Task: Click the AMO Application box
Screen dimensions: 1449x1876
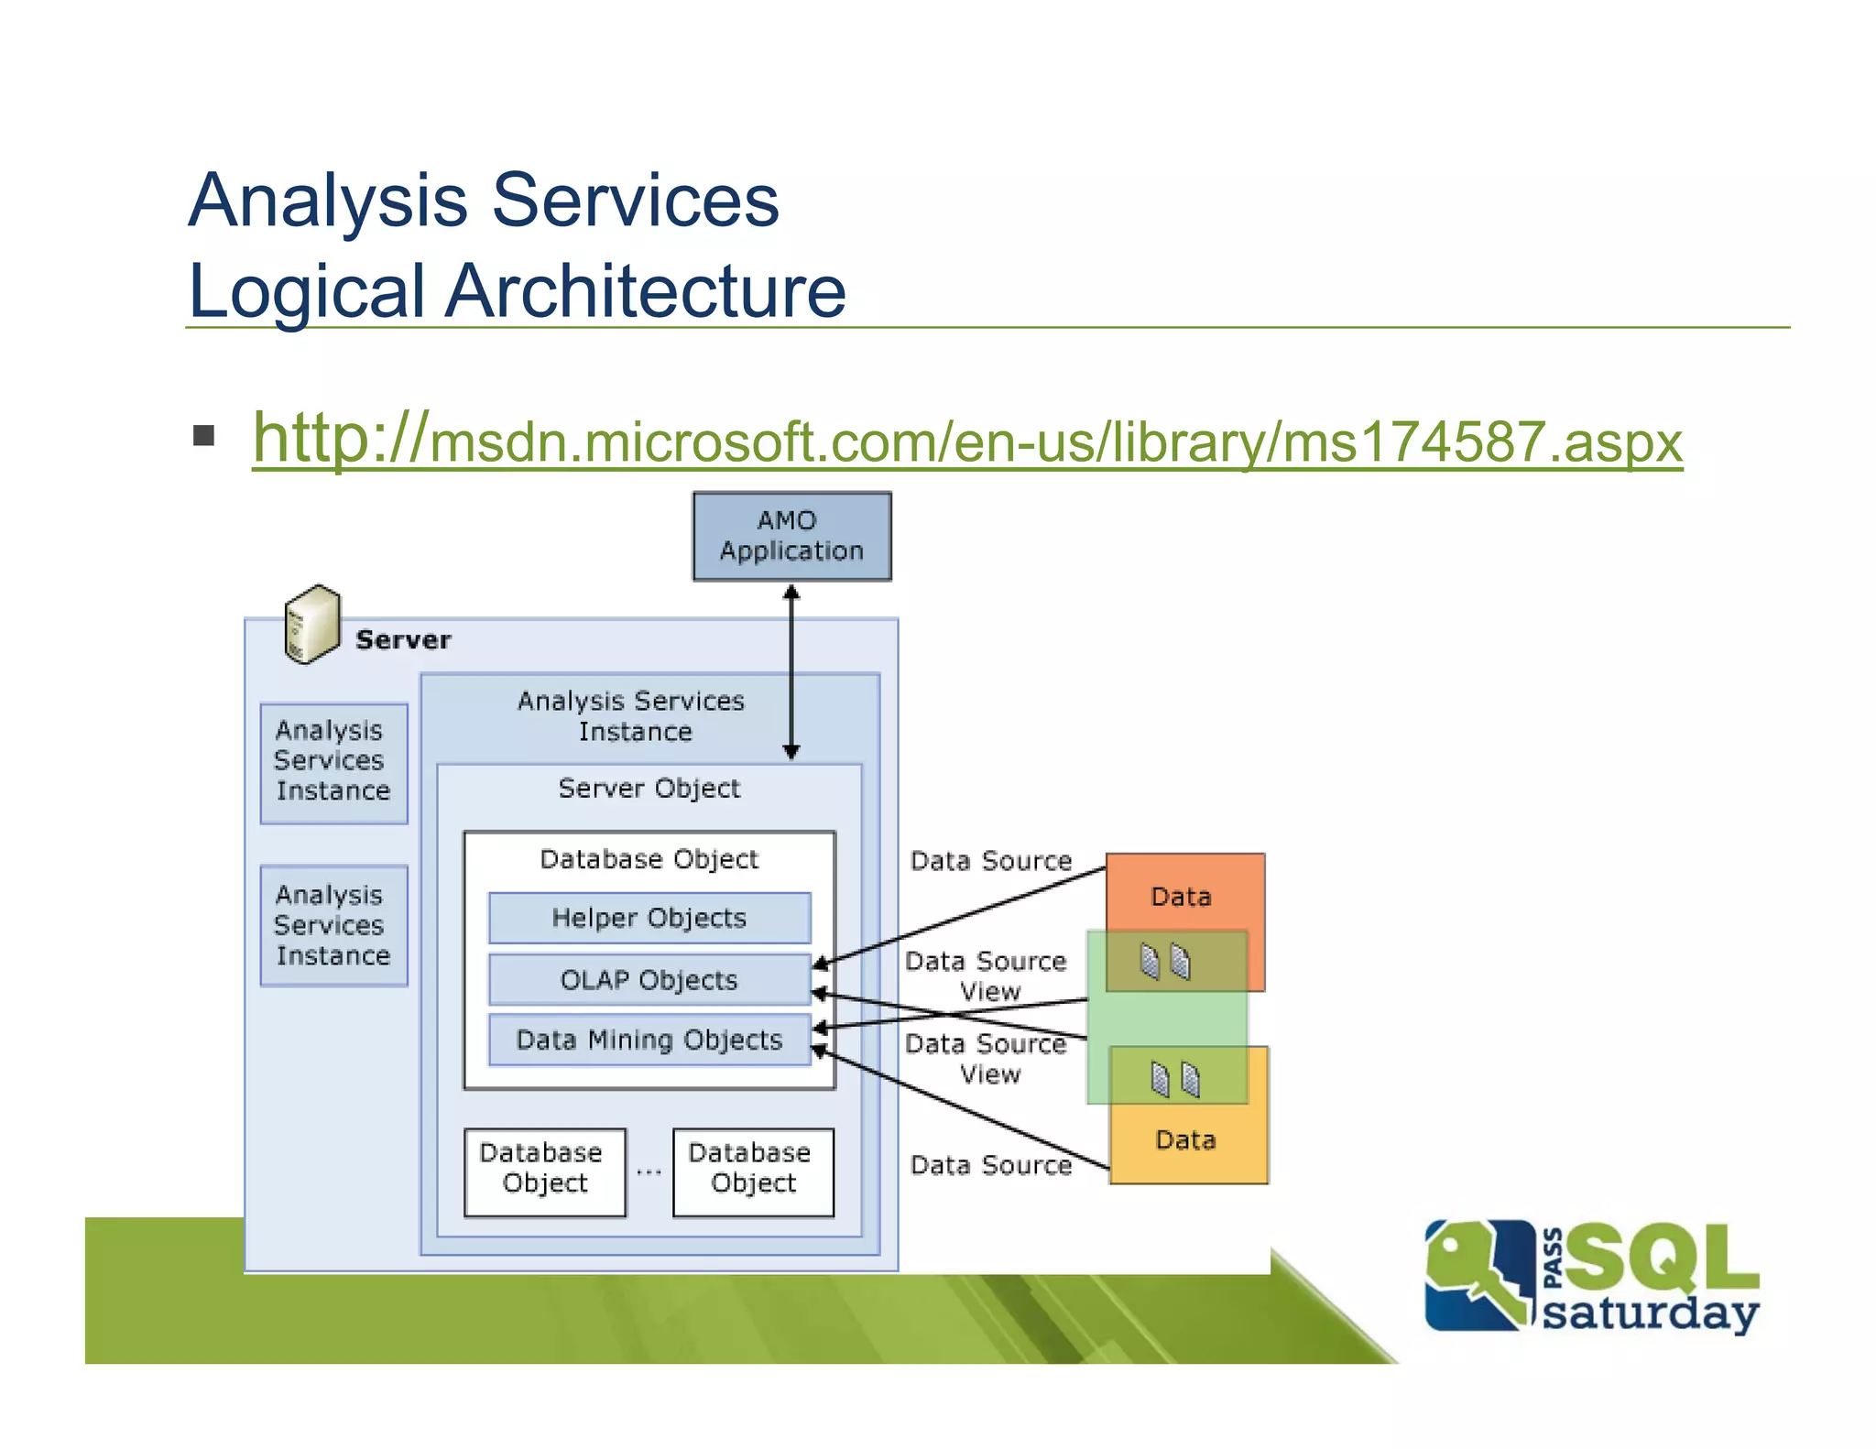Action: click(x=791, y=536)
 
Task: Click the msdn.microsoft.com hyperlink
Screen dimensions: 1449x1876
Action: click(x=966, y=441)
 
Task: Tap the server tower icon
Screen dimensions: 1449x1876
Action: click(x=311, y=624)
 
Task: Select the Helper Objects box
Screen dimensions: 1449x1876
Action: click(x=649, y=918)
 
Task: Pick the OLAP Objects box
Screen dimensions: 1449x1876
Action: click(x=649, y=979)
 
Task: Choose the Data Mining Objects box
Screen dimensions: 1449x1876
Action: click(x=649, y=1040)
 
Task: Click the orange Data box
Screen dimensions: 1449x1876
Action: click(x=1182, y=894)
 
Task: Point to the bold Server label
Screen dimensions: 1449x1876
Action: click(x=403, y=639)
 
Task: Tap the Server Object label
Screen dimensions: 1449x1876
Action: click(x=649, y=788)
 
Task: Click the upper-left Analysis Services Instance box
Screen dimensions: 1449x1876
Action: click(x=333, y=762)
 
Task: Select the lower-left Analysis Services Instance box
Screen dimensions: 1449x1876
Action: click(x=333, y=925)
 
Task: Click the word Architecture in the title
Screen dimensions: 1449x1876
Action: click(x=645, y=291)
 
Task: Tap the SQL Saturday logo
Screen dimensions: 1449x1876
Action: click(x=1592, y=1277)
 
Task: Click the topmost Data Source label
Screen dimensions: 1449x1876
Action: click(x=990, y=861)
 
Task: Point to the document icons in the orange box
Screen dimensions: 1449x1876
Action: click(x=1165, y=962)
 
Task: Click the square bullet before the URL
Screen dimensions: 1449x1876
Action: click(x=203, y=435)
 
